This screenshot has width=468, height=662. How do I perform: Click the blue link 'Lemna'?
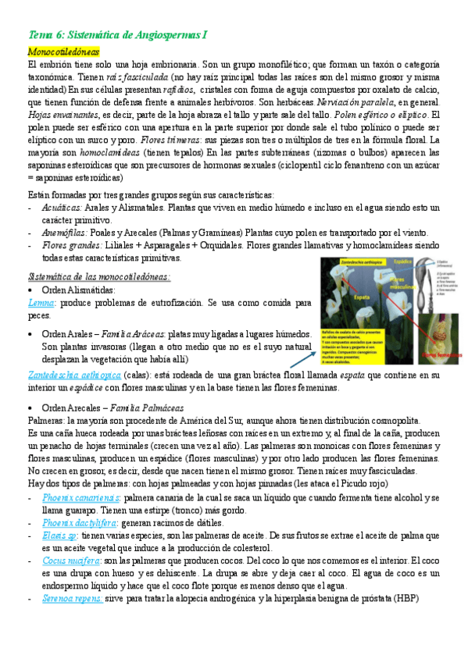click(x=41, y=301)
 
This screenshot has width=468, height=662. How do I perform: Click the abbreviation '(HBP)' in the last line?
click(x=405, y=598)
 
